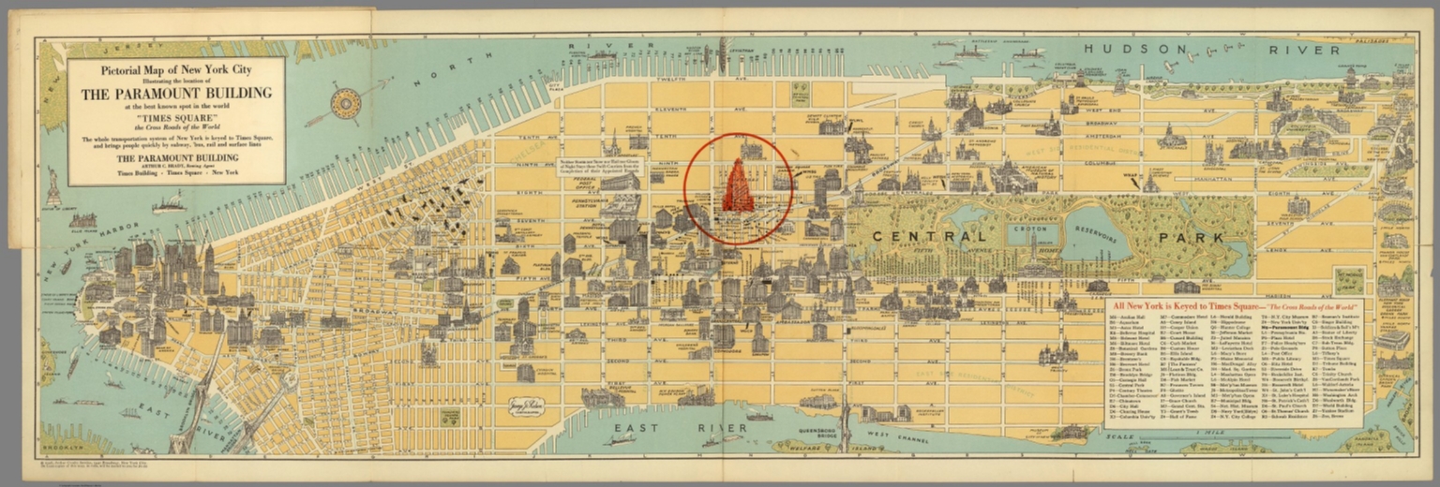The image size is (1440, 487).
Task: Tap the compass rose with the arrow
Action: click(345, 104)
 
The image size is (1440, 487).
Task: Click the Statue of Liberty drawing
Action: click(53, 188)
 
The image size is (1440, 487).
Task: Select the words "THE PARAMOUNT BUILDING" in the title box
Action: click(176, 93)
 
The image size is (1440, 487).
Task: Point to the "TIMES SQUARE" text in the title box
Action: click(176, 120)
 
